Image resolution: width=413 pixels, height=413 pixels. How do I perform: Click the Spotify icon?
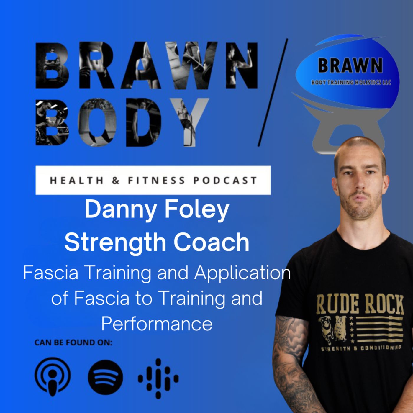click(105, 377)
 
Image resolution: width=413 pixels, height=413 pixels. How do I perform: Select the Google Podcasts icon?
click(158, 378)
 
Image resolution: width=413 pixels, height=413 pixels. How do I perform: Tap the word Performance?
click(157, 324)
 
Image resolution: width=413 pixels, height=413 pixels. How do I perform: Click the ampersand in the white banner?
click(116, 180)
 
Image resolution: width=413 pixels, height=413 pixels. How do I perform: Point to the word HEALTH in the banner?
click(77, 180)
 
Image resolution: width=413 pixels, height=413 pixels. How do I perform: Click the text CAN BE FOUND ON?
click(73, 342)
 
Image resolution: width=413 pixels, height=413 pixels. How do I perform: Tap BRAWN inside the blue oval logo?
click(350, 65)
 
